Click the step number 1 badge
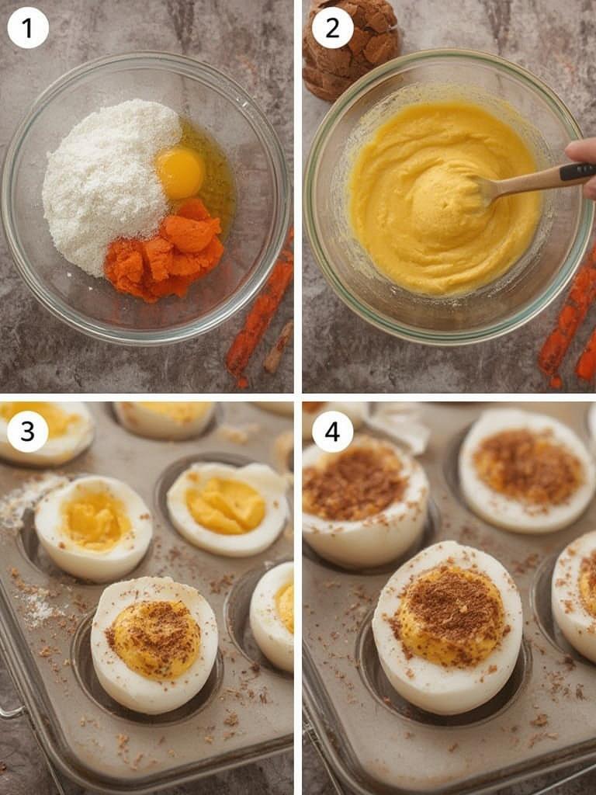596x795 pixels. [x=28, y=28]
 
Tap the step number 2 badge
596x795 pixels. [x=332, y=28]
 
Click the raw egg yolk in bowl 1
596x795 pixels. [x=180, y=172]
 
